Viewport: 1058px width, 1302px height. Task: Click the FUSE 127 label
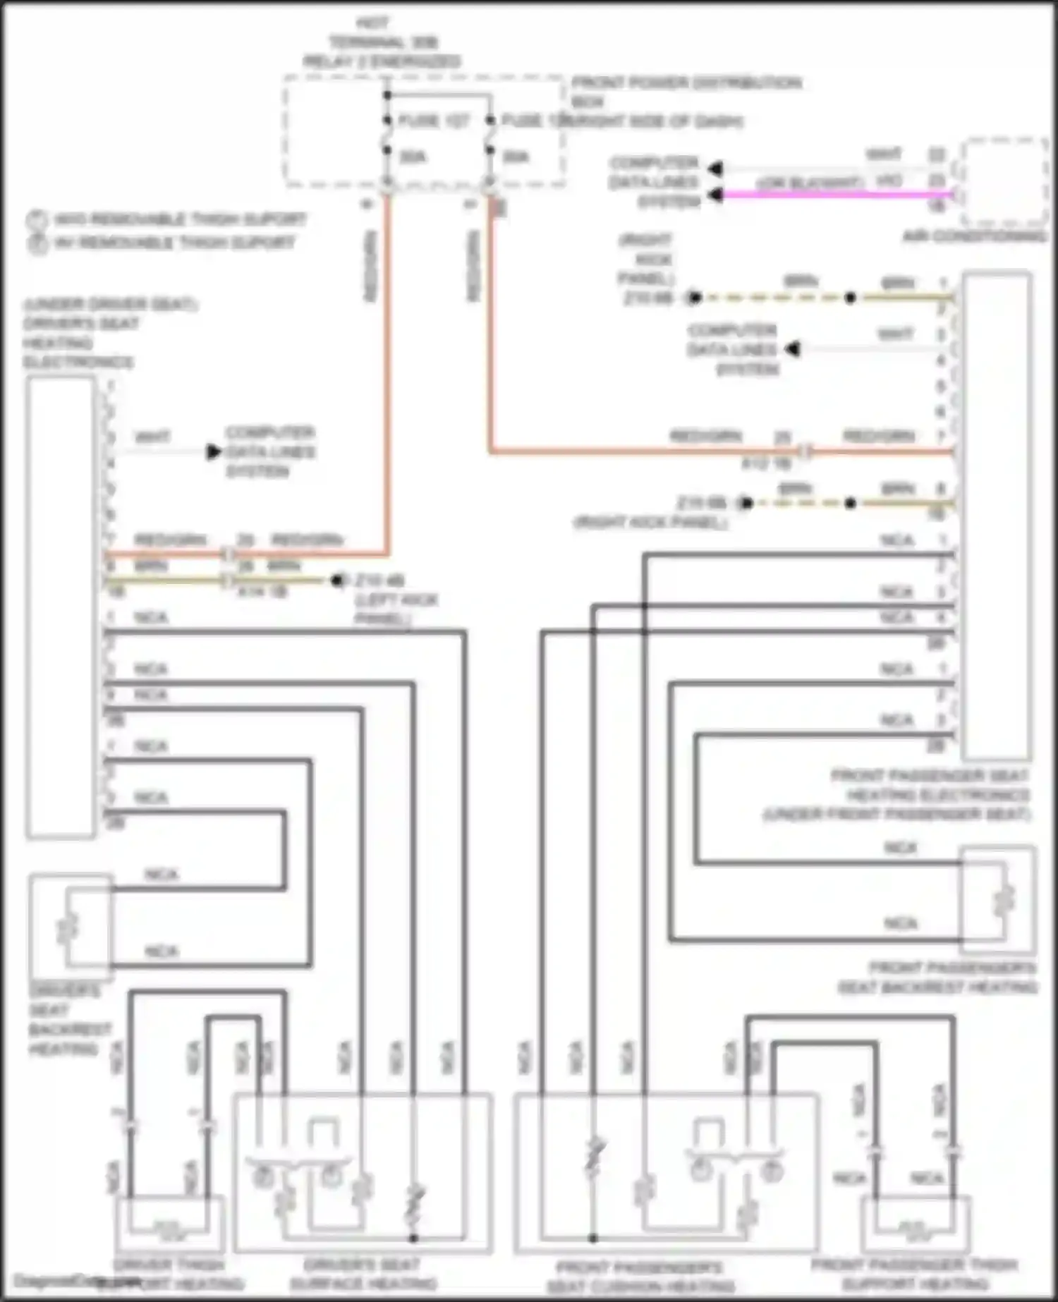(433, 121)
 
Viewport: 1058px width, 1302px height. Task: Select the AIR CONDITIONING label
(975, 236)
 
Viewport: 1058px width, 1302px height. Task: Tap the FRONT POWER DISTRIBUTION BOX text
(686, 92)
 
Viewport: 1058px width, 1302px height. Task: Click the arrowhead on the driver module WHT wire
(213, 451)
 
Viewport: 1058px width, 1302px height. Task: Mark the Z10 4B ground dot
(338, 580)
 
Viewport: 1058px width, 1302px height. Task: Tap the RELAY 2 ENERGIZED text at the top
(382, 61)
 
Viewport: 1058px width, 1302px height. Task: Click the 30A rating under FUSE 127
(413, 157)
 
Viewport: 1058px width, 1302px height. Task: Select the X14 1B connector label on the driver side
(262, 592)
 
